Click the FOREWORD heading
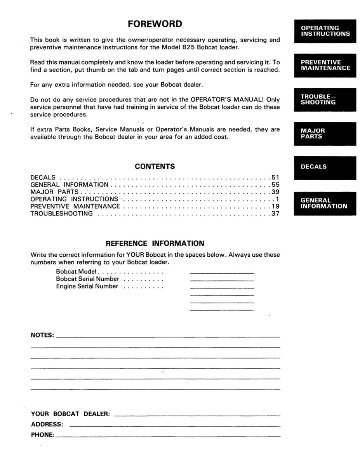[x=155, y=24]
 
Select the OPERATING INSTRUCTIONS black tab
[x=325, y=31]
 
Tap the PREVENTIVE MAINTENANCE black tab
[x=325, y=65]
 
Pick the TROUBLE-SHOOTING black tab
[x=325, y=99]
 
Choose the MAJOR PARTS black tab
[x=325, y=134]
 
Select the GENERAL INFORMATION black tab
[x=325, y=203]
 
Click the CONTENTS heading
[x=155, y=167]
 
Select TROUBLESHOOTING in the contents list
[x=61, y=214]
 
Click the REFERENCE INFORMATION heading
[x=155, y=243]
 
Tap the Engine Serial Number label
[x=87, y=286]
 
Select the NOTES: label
[x=42, y=335]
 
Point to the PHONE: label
[x=42, y=435]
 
